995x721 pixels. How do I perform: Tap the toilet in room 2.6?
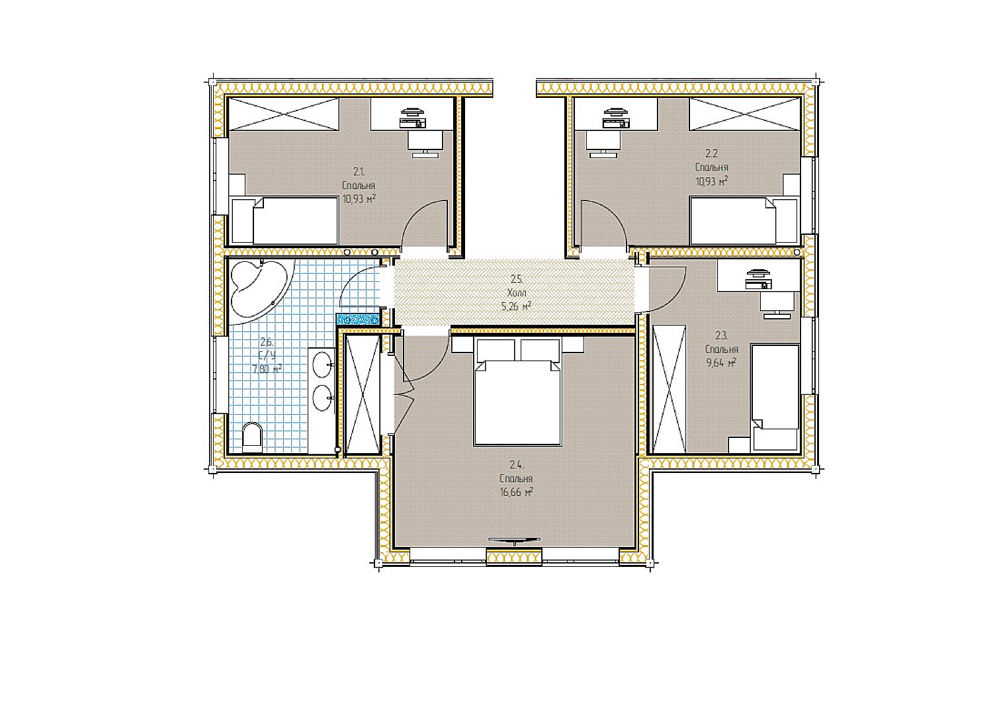point(252,437)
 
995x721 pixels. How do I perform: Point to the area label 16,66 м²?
point(517,491)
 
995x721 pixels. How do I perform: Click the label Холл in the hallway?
point(517,292)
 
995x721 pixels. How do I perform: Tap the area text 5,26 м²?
point(517,306)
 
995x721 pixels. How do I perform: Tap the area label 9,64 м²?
point(721,362)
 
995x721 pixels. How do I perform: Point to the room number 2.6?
point(267,342)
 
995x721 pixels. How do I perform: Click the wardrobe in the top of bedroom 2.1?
point(283,114)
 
